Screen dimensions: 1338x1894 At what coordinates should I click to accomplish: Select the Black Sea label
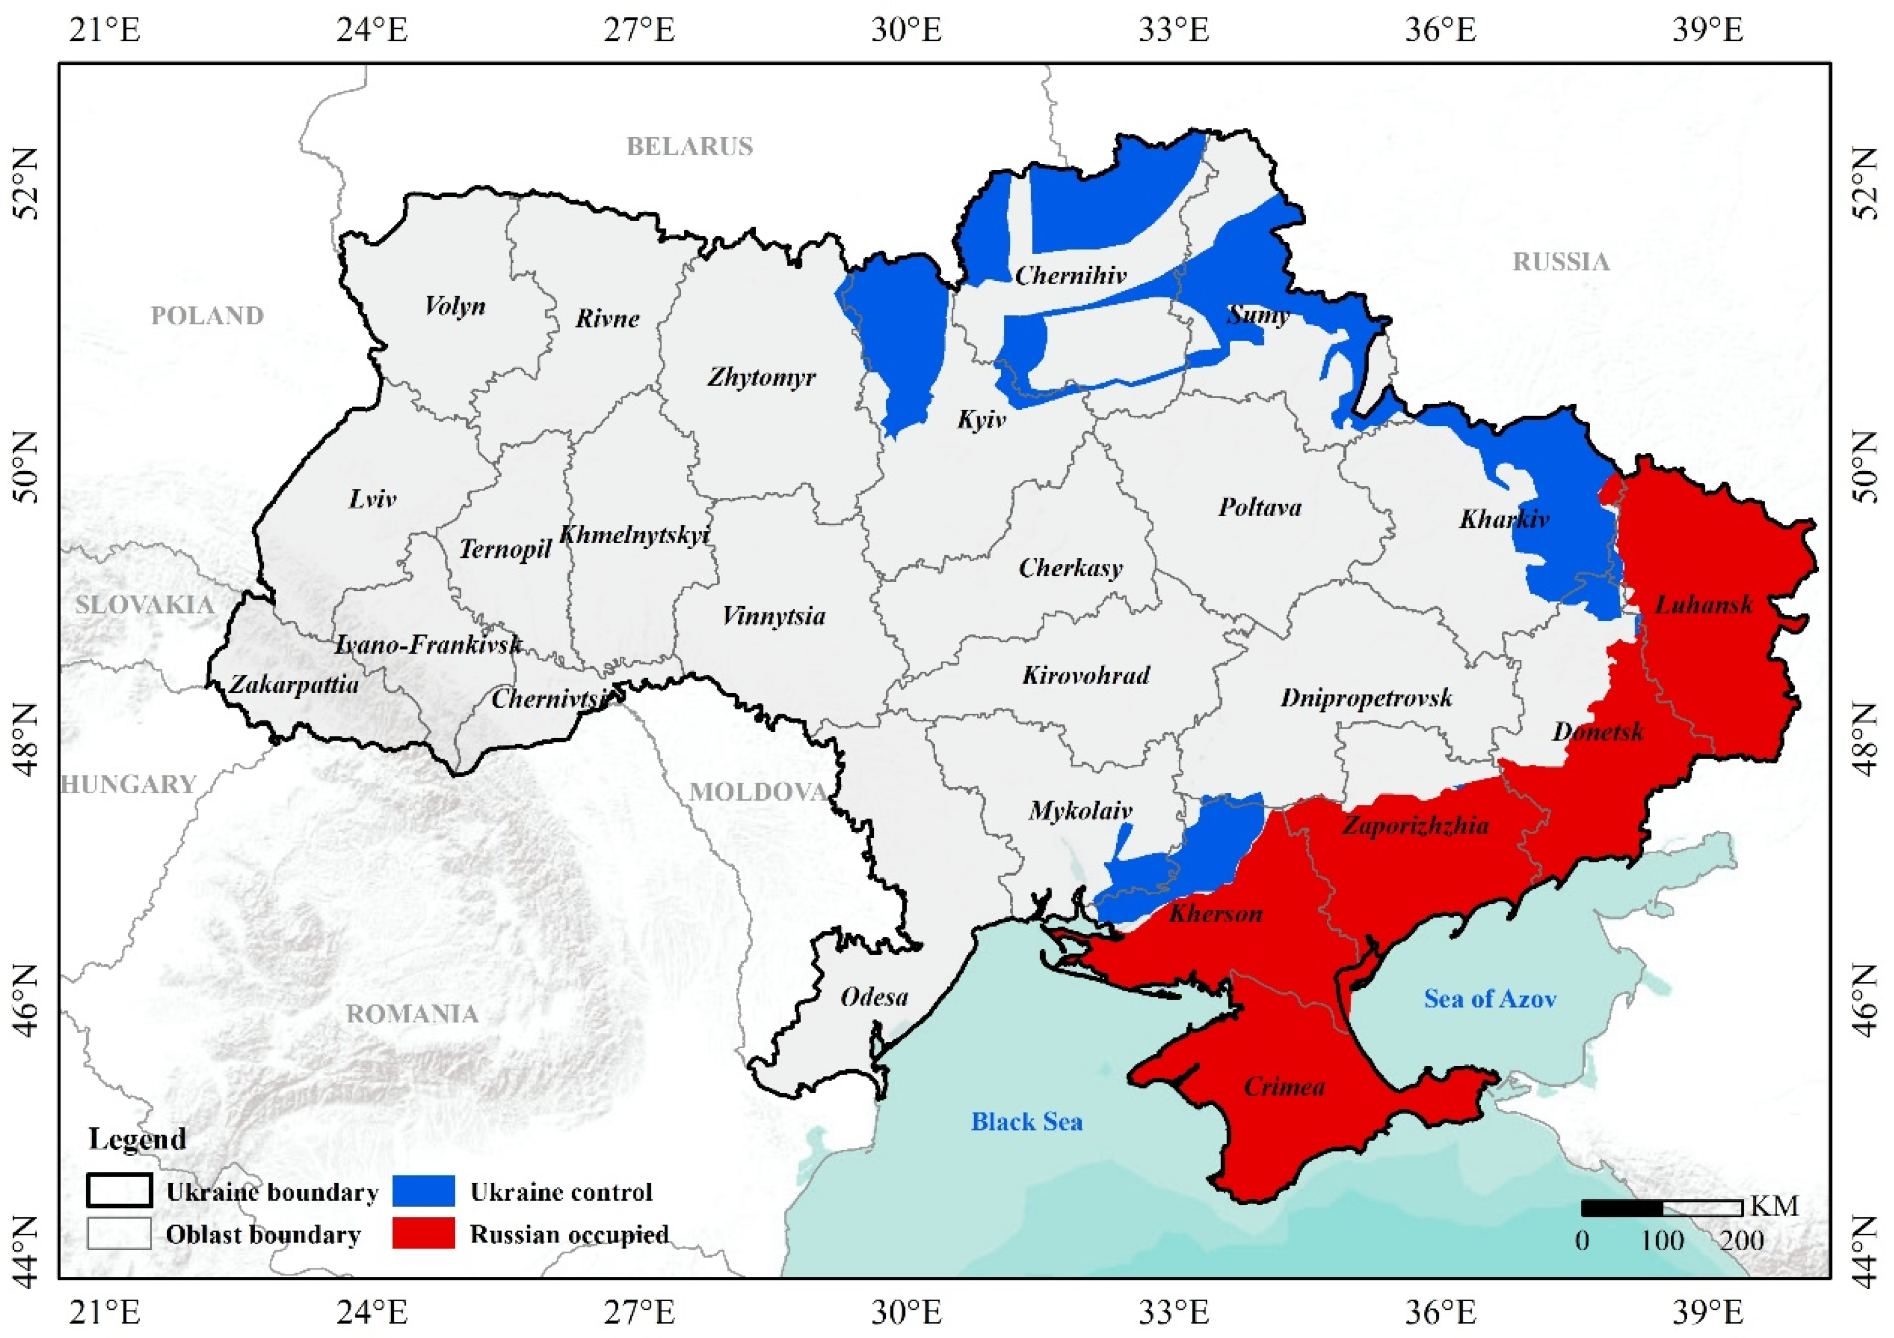pos(1026,1122)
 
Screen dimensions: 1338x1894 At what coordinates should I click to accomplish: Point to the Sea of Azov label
pos(1490,999)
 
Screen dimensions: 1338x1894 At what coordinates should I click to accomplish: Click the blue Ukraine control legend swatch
pos(423,1191)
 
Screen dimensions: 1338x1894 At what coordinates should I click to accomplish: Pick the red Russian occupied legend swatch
pos(423,1234)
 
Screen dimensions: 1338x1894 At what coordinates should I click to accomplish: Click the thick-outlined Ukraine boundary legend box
pos(119,1191)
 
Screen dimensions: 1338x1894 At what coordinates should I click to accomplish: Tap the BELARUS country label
pos(689,147)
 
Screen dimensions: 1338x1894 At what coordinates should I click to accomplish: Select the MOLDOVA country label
pos(758,793)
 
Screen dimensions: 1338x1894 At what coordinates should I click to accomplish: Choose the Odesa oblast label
pos(874,997)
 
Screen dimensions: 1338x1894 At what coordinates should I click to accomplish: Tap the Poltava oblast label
pos(1259,507)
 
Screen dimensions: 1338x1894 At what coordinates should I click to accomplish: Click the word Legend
pos(137,1139)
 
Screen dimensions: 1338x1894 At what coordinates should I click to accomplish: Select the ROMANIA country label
pos(411,1014)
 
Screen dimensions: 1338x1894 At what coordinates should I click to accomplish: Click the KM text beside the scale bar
pos(1773,1207)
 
